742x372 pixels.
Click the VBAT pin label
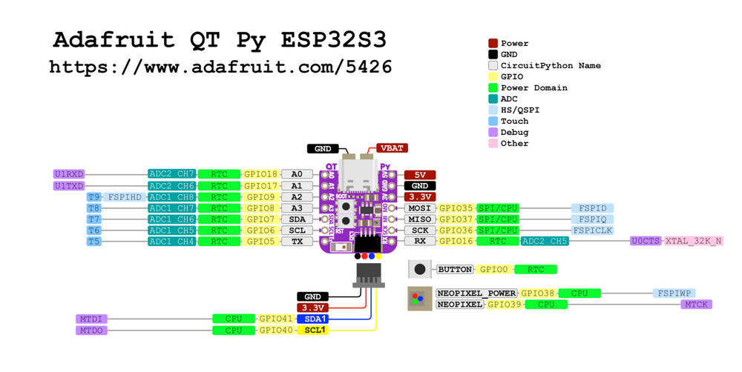coord(392,148)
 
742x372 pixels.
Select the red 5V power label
coord(419,175)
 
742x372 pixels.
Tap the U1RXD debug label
coord(69,175)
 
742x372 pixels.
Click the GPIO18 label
coord(261,175)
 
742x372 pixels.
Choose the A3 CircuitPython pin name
coord(297,208)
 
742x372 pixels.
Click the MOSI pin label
coord(420,208)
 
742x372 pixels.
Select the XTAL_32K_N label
coord(693,242)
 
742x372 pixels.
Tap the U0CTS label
coord(646,242)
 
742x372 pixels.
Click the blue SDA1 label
coord(312,319)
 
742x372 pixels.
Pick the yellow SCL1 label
coord(312,330)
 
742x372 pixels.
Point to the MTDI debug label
coord(91,319)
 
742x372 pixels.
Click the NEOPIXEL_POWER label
coord(476,293)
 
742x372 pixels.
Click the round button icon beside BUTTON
coord(420,270)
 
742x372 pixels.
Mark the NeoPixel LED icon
coord(420,299)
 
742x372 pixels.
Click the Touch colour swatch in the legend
coord(493,121)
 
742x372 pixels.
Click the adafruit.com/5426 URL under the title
coord(220,67)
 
